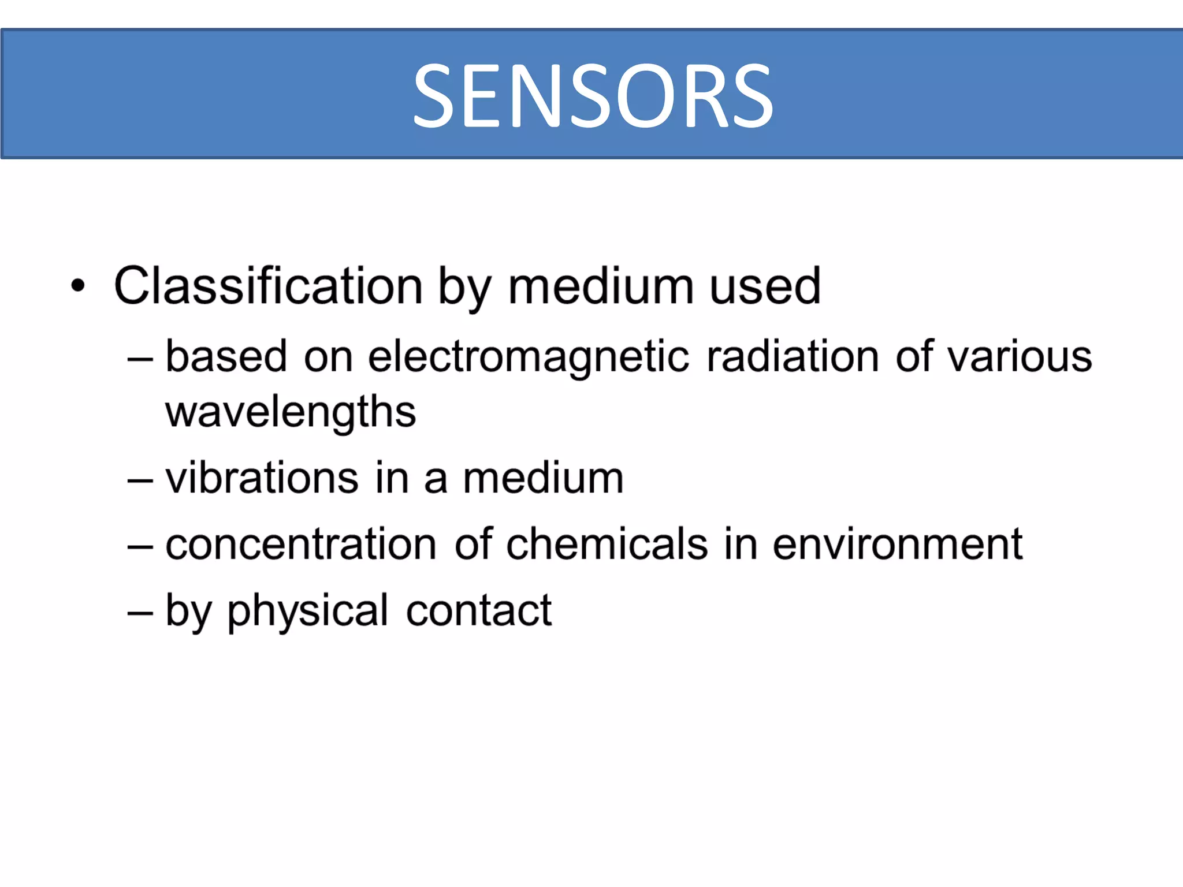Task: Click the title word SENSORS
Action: click(x=593, y=96)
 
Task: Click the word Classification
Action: click(x=269, y=286)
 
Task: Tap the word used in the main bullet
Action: click(x=765, y=286)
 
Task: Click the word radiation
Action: click(x=793, y=356)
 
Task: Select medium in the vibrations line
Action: click(x=544, y=478)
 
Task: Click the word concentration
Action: click(x=301, y=544)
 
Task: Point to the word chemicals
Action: click(x=607, y=544)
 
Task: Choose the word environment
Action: click(x=898, y=544)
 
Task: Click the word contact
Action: click(x=479, y=610)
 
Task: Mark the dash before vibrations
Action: click(x=140, y=480)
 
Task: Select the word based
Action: click(x=226, y=356)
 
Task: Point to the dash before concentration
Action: click(x=140, y=546)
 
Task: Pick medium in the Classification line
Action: click(x=601, y=286)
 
